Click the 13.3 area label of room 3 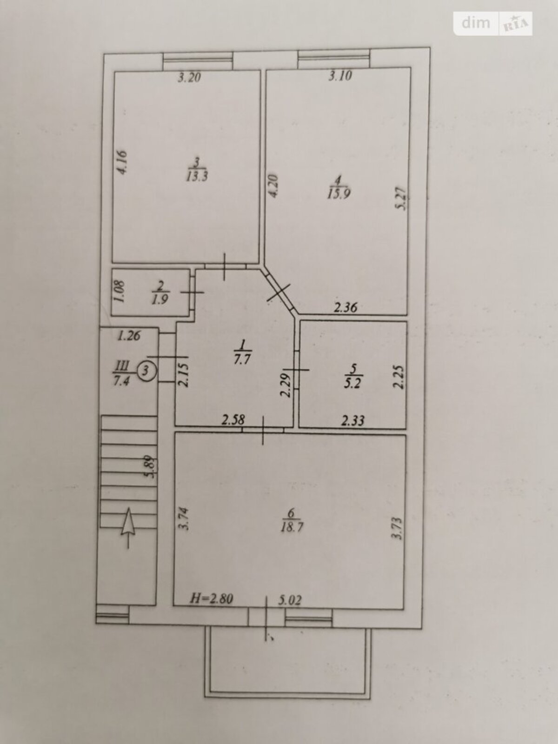tap(197, 177)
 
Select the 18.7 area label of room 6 tap(292, 527)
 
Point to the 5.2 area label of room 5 tap(352, 385)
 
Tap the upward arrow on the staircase tap(128, 528)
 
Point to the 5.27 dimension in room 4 tap(403, 199)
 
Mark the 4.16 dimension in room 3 tap(122, 162)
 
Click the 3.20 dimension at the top tap(189, 78)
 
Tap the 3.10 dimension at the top tap(340, 75)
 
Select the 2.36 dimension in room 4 tap(345, 307)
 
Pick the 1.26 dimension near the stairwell tap(129, 336)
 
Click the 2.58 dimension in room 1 tap(233, 420)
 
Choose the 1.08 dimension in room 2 tap(120, 292)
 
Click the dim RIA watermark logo tap(493, 23)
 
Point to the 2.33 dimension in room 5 tap(353, 421)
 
